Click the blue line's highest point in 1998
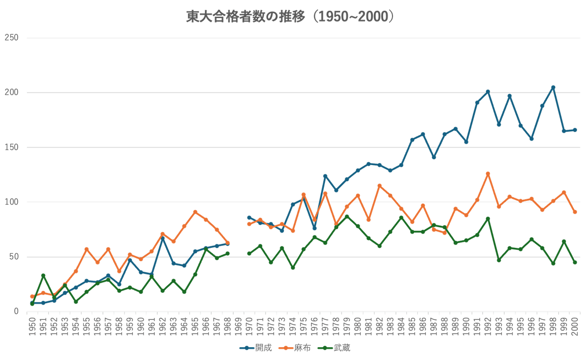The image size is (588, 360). (553, 87)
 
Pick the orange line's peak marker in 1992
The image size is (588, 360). (488, 173)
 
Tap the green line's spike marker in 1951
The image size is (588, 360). (43, 275)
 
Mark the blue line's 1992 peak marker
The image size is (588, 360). (488, 92)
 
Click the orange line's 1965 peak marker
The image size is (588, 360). (195, 211)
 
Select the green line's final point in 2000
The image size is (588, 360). (575, 263)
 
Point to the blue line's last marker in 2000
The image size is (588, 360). (575, 130)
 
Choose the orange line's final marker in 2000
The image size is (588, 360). (575, 212)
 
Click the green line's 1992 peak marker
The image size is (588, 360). (488, 218)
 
